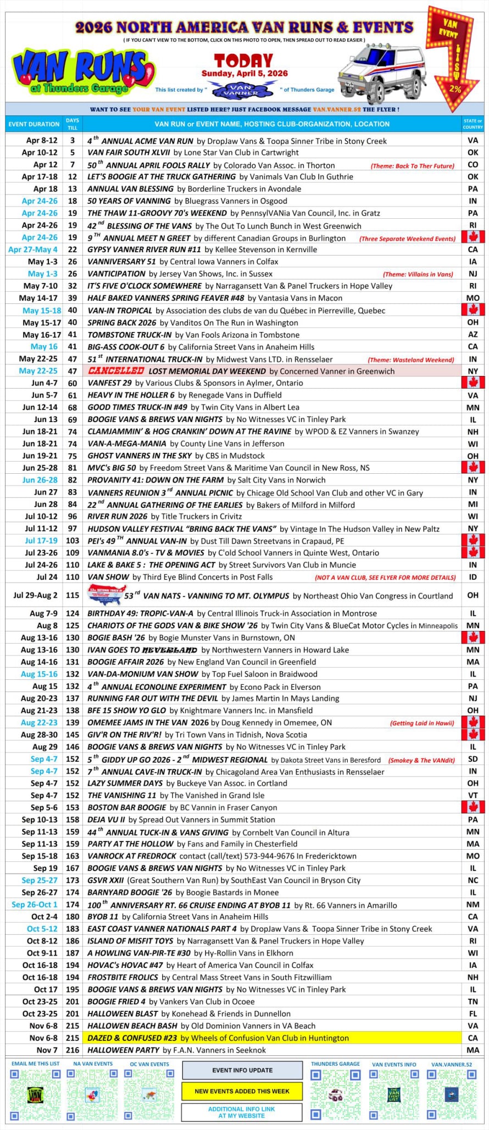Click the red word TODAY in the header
pyautogui.click(x=243, y=60)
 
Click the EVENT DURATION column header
pyautogui.click(x=34, y=124)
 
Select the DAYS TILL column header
pyautogui.click(x=73, y=124)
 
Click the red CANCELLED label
pyautogui.click(x=116, y=371)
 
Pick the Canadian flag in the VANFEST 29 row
pyautogui.click(x=473, y=383)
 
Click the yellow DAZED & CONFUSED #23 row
pyautogui.click(x=272, y=1038)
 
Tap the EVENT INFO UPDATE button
pyautogui.click(x=242, y=1070)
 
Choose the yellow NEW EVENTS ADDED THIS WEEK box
pyautogui.click(x=242, y=1091)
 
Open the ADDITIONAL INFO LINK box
pyautogui.click(x=242, y=1112)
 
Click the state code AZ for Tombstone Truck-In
pyautogui.click(x=473, y=335)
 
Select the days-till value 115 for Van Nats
pyautogui.click(x=73, y=595)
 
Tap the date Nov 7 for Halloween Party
pyautogui.click(x=47, y=1050)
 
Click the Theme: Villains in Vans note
pyautogui.click(x=418, y=274)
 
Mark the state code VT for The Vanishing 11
pyautogui.click(x=473, y=795)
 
